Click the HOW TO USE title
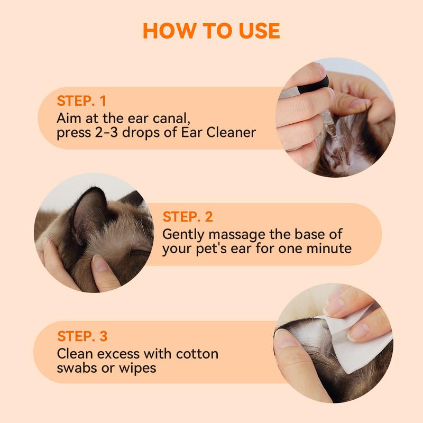(211, 30)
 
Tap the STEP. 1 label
(82, 100)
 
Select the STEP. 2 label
(188, 217)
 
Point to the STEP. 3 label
(82, 336)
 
